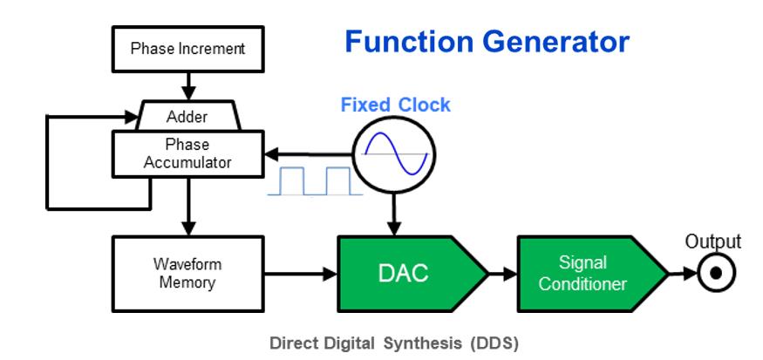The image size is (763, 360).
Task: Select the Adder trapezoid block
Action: [187, 116]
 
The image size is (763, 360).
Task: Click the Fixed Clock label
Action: [395, 105]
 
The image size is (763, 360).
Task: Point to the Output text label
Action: [712, 241]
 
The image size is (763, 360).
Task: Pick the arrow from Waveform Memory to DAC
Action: [300, 272]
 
